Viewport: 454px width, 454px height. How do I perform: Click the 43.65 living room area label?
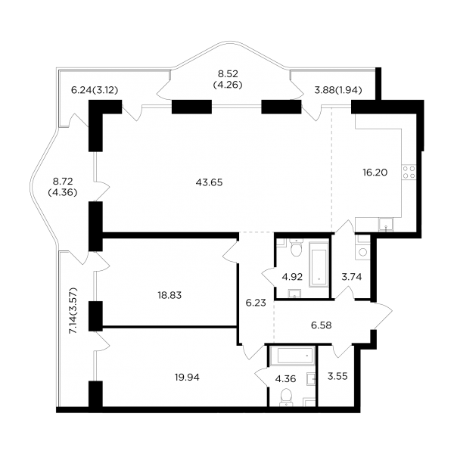pos(209,182)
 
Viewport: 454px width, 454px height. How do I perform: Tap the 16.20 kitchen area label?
pos(375,173)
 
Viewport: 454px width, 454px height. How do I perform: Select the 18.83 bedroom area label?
pos(169,295)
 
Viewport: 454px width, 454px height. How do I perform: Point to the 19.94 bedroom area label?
pos(187,378)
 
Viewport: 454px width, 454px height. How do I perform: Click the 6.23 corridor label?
pos(256,303)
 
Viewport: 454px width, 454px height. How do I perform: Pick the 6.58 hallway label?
pos(322,325)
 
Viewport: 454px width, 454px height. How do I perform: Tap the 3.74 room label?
pos(352,277)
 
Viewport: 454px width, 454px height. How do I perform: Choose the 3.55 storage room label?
pos(337,376)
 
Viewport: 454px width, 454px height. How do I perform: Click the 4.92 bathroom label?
pos(292,277)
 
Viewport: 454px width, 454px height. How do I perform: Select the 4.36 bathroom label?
pos(285,379)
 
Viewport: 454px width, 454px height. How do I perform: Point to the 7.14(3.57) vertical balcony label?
pos(73,311)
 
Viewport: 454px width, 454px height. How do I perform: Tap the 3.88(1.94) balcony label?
pos(338,91)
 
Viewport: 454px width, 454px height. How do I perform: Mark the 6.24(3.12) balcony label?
pos(95,91)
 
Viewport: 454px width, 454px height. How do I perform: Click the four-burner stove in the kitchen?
pos(409,173)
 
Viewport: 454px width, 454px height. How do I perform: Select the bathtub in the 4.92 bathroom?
pos(319,265)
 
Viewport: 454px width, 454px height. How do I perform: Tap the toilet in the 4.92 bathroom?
pos(296,248)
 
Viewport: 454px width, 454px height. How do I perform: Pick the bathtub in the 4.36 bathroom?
pos(292,356)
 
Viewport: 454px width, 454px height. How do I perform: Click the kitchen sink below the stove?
pos(386,225)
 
